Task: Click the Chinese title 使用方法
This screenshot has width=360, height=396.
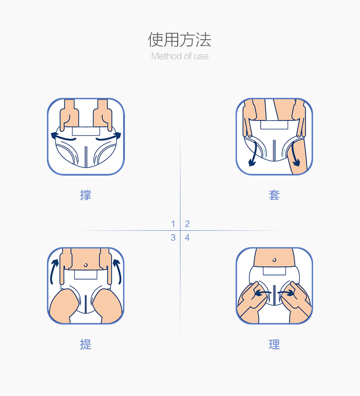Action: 180,40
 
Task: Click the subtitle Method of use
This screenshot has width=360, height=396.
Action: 180,56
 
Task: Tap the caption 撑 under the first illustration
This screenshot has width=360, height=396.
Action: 86,195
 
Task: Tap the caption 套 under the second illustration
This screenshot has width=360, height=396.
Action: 274,195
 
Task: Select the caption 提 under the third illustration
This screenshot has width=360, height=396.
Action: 86,345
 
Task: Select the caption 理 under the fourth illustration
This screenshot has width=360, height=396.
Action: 274,345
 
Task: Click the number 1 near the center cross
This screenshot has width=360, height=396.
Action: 173,223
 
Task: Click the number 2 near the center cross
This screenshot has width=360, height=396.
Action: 187,223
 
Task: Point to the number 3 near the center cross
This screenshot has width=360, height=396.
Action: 173,238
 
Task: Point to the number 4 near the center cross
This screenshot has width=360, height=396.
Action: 187,238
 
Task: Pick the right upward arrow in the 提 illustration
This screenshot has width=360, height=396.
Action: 116,270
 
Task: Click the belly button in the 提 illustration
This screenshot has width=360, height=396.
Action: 86,264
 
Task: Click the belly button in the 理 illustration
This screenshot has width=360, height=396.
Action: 274,260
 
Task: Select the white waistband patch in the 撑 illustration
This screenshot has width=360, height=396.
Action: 86,131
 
